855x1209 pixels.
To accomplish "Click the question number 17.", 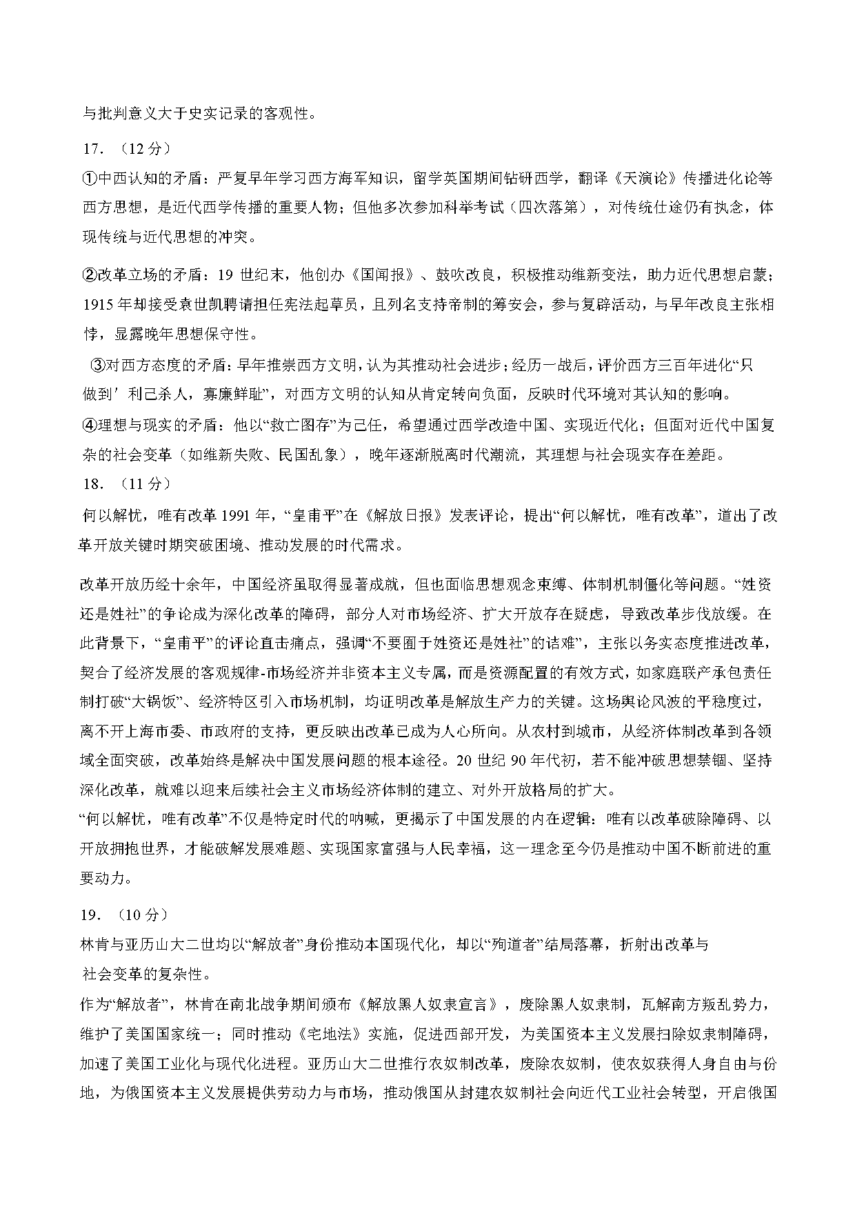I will [x=92, y=149].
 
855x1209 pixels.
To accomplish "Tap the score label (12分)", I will [x=145, y=149].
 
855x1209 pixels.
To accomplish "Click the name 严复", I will [x=232, y=179].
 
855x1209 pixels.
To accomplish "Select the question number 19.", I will [x=92, y=915].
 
